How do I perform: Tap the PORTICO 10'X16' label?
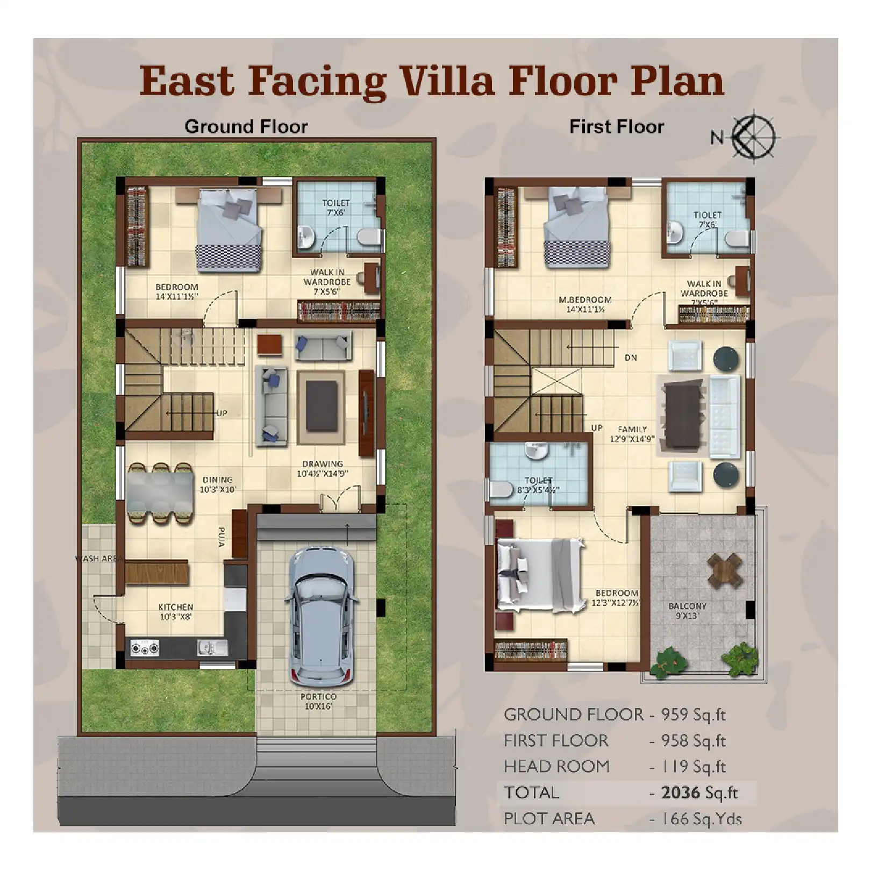[318, 701]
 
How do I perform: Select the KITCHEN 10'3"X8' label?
[176, 612]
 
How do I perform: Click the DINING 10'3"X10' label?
[218, 484]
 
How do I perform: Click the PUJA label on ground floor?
[222, 537]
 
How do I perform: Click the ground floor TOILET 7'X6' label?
[336, 208]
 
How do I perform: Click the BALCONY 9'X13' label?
[687, 611]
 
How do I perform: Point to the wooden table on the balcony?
[725, 570]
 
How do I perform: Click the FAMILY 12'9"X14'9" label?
[632, 433]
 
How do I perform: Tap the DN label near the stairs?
[631, 358]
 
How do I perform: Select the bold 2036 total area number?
[681, 793]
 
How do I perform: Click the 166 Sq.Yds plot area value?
[701, 819]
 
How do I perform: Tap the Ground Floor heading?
[246, 127]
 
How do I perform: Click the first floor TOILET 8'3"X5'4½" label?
[538, 485]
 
